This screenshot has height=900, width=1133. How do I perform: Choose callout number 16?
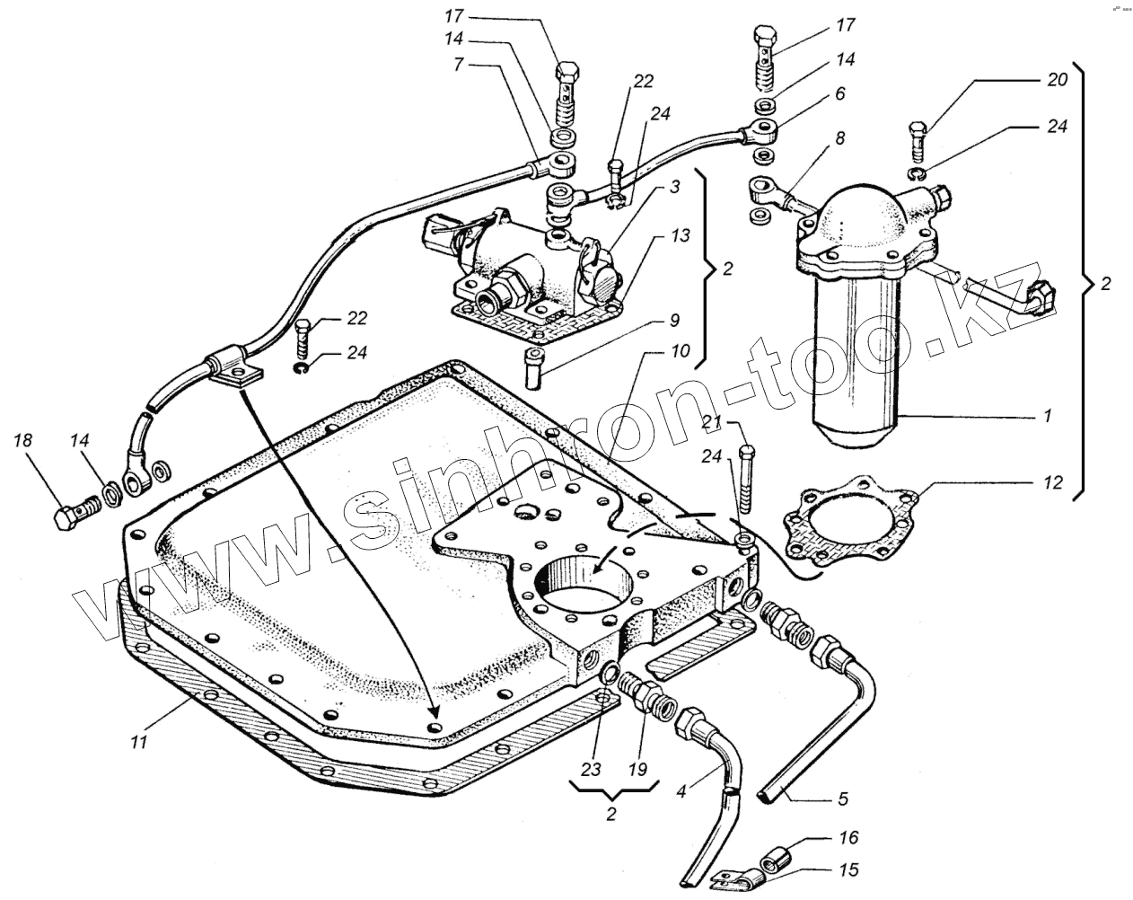pyautogui.click(x=848, y=838)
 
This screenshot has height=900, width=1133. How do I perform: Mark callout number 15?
pyautogui.click(x=848, y=870)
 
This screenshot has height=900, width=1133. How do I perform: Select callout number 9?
pyautogui.click(x=672, y=320)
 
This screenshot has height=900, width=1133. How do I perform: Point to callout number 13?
pyautogui.click(x=680, y=236)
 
